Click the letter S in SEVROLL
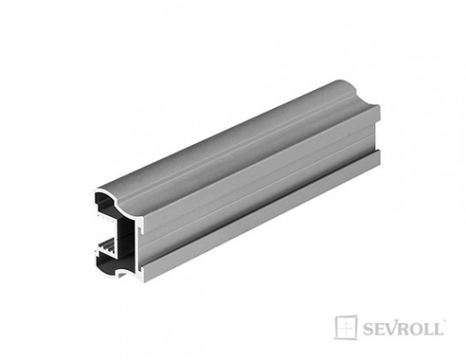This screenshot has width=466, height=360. [367, 329]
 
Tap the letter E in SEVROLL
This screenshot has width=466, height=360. [377, 329]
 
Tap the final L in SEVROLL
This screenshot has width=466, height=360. [438, 329]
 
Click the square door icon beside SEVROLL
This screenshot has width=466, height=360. [345, 327]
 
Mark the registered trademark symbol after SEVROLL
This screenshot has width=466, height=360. [445, 321]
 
